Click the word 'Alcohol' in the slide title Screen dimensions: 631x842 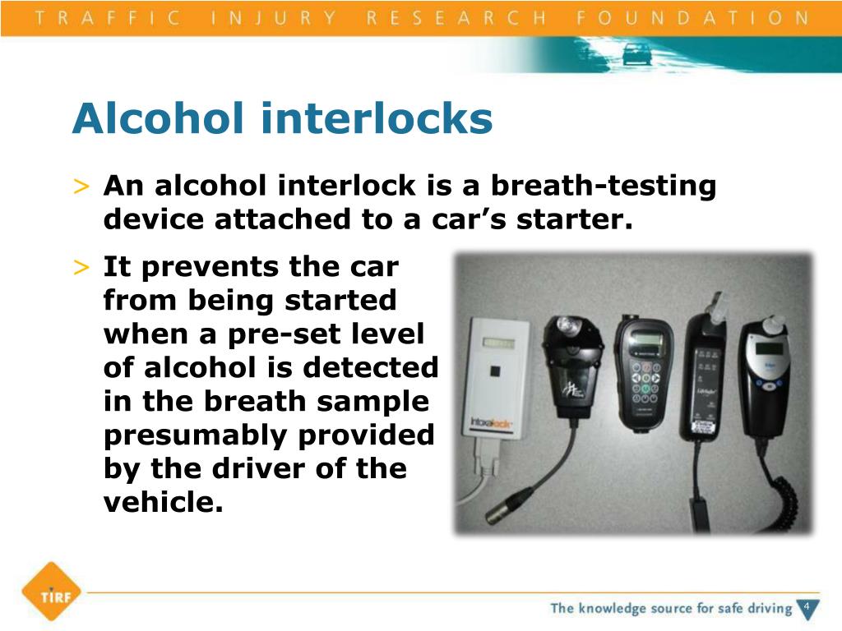click(x=159, y=119)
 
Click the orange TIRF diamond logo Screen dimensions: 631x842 click(x=50, y=592)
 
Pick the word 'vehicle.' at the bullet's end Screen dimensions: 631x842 click(x=164, y=502)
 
